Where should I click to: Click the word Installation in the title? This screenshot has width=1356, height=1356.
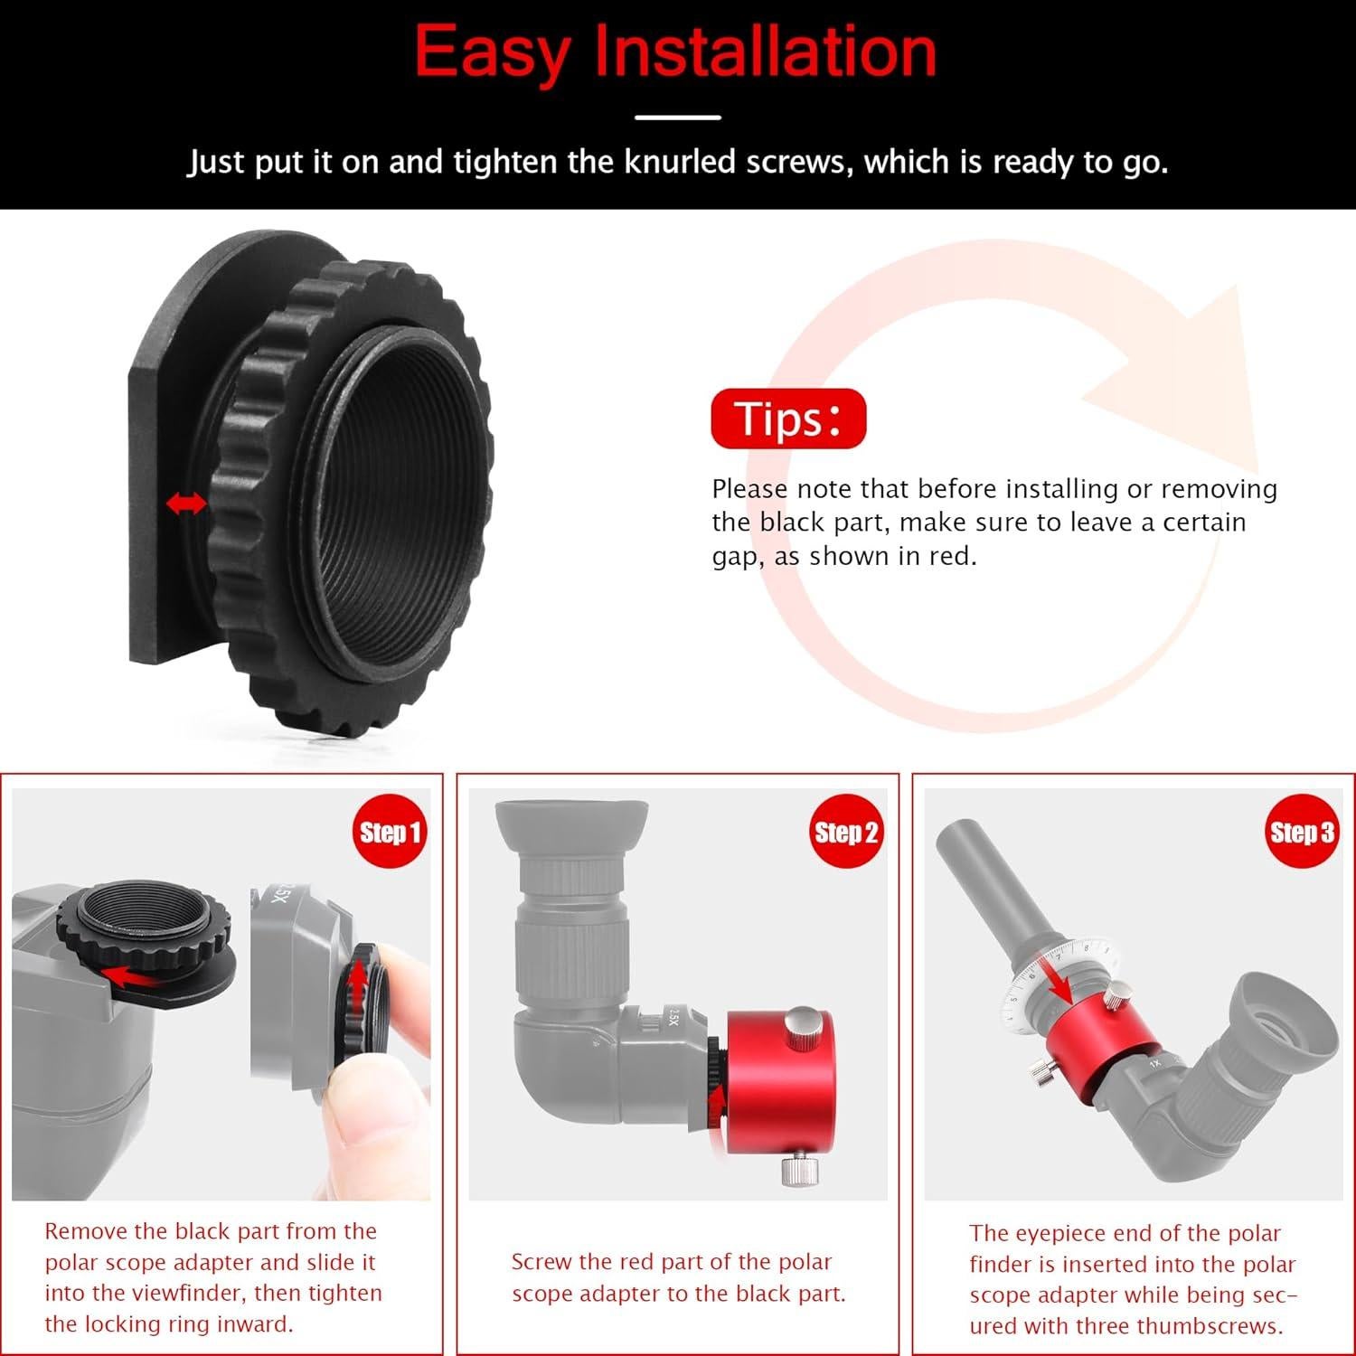pyautogui.click(x=765, y=52)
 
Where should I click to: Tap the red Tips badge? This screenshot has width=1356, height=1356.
pyautogui.click(x=788, y=419)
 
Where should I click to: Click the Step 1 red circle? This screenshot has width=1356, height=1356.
pyautogui.click(x=390, y=832)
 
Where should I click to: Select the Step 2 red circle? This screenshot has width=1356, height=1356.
pyautogui.click(x=845, y=832)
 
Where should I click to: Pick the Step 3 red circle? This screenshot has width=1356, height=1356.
pyautogui.click(x=1301, y=832)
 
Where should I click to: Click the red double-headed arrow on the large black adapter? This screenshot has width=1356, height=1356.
pyautogui.click(x=186, y=504)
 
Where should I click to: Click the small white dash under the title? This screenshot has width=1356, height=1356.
pyautogui.click(x=677, y=118)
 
